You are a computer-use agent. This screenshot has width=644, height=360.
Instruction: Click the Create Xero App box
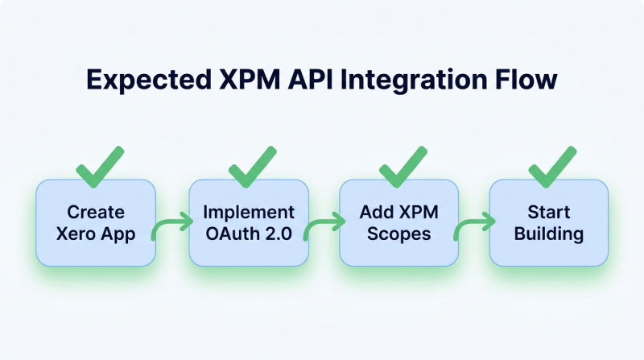pos(96,223)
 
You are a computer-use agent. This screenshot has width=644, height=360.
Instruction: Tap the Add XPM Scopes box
pos(398,223)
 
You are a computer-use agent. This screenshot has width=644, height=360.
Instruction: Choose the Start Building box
pos(549,223)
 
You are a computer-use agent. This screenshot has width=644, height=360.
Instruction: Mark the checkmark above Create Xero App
pos(100,167)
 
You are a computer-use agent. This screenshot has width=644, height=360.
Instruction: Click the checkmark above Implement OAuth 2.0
pos(251,167)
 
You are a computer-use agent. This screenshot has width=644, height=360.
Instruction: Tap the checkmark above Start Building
pos(552,167)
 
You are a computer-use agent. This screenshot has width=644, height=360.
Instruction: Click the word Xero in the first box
pos(80,234)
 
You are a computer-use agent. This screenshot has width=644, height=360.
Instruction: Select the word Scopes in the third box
pos(398,234)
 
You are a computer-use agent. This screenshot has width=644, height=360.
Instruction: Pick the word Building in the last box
pos(549,234)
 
